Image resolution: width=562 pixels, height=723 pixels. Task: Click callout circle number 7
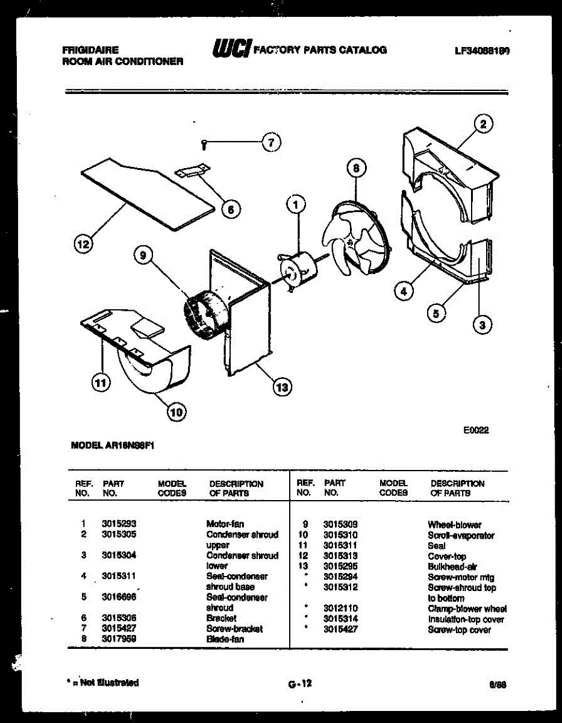coord(271,143)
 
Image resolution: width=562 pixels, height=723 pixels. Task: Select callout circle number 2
coord(483,125)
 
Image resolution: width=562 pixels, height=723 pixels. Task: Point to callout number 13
coord(281,387)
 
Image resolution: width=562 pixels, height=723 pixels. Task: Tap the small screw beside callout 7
coord(205,144)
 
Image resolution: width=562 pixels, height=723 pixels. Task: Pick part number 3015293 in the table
coord(119,524)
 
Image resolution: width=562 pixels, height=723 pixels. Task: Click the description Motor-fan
coord(225,524)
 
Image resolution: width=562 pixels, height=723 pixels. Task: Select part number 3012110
coord(340,609)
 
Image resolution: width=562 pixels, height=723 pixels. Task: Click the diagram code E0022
coord(476,430)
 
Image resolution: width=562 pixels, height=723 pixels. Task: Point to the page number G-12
coord(299,683)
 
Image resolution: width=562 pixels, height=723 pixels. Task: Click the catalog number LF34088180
coord(482,51)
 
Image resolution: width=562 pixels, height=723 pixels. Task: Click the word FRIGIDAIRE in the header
coord(90,51)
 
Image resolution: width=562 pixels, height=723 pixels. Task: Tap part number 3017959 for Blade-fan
coord(119,639)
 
